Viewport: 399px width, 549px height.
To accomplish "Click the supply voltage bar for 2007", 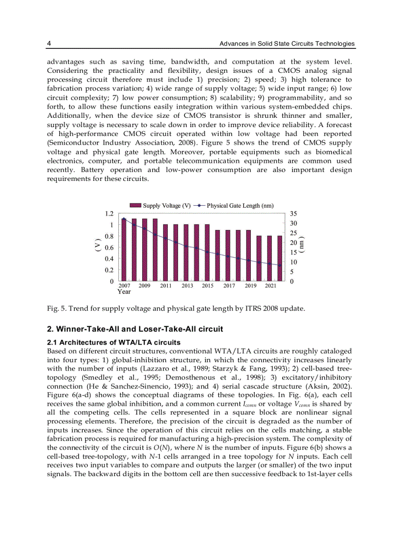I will tap(124, 250).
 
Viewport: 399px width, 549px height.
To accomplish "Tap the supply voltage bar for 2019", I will tap(249, 256).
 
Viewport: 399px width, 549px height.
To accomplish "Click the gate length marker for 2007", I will tap(124, 220).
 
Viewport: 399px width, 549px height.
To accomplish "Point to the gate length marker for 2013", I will tap(186, 246).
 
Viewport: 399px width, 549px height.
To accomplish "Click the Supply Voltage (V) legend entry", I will tap(160, 206).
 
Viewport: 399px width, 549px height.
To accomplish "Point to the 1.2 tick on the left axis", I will tap(109, 214).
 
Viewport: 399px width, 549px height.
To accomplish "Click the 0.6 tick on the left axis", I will tap(109, 247).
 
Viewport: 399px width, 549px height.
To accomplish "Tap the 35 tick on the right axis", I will tap(293, 214).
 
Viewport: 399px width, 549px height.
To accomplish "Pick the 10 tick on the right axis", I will tap(293, 262).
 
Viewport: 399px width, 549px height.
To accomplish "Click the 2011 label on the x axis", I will tap(166, 285).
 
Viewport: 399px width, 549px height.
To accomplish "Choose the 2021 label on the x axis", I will tap(270, 285).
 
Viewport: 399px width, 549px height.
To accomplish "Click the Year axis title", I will tap(124, 292).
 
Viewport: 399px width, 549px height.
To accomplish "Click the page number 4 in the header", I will tap(49, 44).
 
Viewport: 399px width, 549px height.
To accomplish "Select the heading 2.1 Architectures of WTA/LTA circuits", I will tap(113, 342).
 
